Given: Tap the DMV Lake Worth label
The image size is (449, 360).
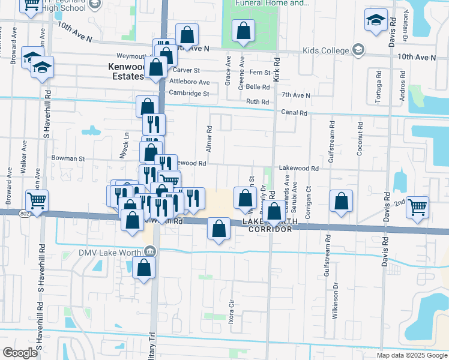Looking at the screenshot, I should (x=113, y=251).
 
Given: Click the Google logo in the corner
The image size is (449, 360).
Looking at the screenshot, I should (x=20, y=353).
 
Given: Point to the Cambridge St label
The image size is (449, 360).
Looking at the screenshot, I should (x=188, y=94).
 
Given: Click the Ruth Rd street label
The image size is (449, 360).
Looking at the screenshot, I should (x=258, y=101).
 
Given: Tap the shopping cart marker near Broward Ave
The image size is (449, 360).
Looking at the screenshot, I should (x=37, y=200).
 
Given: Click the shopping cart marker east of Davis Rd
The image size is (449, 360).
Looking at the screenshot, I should (x=417, y=207).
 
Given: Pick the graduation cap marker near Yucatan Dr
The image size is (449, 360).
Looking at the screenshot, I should (x=376, y=20).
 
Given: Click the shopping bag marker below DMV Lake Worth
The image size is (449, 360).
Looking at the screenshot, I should (x=144, y=268).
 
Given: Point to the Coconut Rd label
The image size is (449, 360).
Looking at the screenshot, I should (x=360, y=140).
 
